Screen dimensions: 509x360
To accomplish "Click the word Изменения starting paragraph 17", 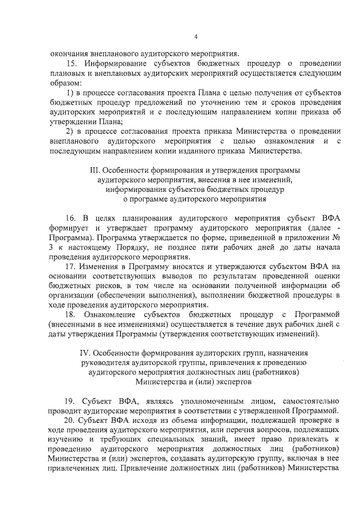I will (103, 267).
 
